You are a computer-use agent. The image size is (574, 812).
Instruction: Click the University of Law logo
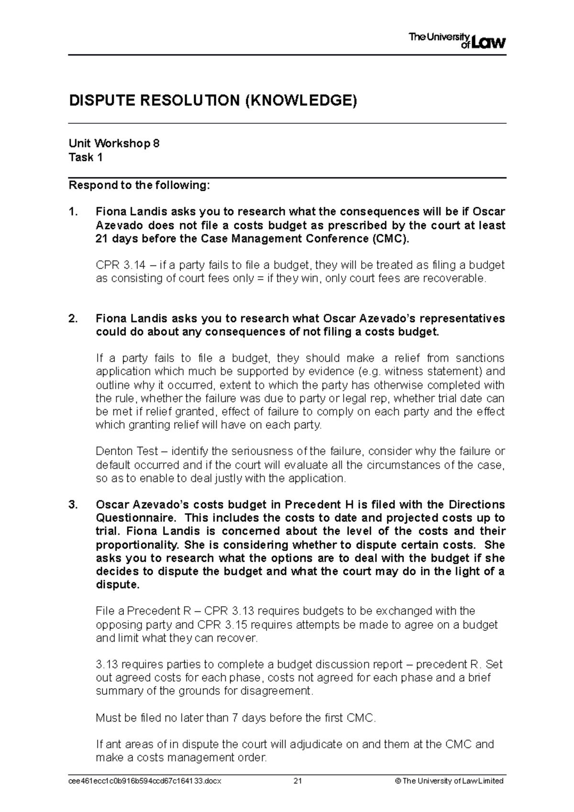coord(457,41)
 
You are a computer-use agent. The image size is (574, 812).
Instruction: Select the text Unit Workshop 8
coord(114,143)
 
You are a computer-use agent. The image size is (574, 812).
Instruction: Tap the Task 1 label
coord(86,157)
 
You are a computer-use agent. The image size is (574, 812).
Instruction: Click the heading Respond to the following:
coord(139,185)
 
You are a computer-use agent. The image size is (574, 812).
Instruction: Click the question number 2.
coord(73,319)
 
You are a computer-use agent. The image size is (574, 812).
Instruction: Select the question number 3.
coord(73,505)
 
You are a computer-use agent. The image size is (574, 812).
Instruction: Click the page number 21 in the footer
coord(298,781)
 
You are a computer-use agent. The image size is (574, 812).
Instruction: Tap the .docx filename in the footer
coord(145,781)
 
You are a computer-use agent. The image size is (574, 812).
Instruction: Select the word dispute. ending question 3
coord(118,585)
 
